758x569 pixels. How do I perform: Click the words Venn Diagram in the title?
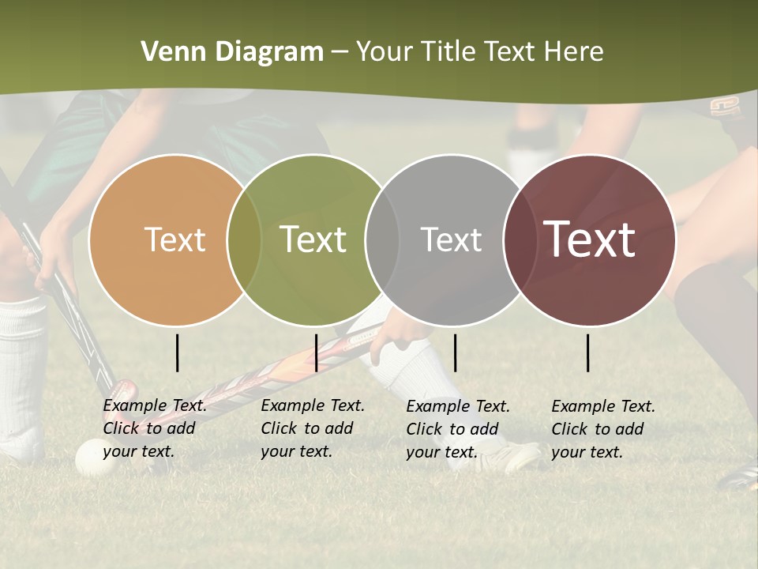(x=232, y=52)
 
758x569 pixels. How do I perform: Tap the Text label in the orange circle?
(x=174, y=239)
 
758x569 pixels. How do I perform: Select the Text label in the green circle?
(x=313, y=239)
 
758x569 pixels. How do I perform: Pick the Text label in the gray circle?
(x=451, y=239)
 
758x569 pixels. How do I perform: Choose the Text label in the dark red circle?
(x=590, y=239)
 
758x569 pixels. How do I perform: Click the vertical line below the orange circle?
(x=178, y=352)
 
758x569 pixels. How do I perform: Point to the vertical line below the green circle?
(x=316, y=352)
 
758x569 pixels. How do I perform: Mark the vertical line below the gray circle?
(x=455, y=352)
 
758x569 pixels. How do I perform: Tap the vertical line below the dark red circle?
(x=588, y=352)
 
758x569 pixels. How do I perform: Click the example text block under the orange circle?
(x=155, y=428)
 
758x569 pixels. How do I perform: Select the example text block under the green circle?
(x=313, y=428)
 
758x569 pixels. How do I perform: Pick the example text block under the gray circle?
(x=458, y=429)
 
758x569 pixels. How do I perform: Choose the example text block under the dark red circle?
(x=603, y=429)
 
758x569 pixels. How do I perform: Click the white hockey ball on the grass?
(x=88, y=456)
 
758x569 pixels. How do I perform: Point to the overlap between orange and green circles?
(x=244, y=239)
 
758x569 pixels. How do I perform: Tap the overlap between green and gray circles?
(x=382, y=239)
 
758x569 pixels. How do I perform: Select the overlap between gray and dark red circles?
(x=517, y=239)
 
